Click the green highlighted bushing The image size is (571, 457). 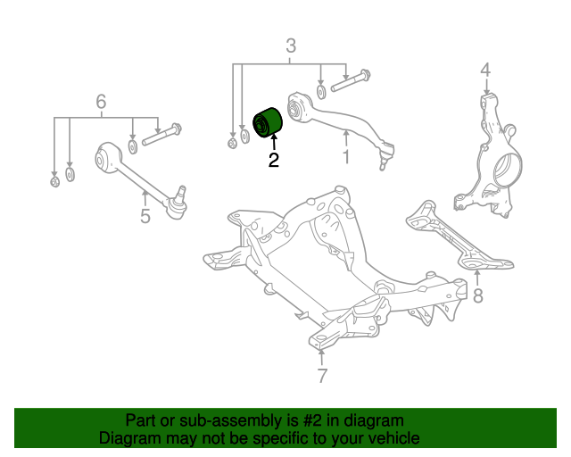tap(269, 122)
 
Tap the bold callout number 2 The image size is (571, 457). tap(273, 162)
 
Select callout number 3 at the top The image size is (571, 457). tap(290, 46)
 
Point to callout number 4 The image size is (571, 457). tap(485, 69)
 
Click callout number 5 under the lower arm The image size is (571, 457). tap(145, 215)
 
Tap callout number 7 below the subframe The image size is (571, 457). tap(322, 376)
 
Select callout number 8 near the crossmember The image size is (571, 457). tap(478, 295)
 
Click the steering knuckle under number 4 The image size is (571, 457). tap(490, 161)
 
